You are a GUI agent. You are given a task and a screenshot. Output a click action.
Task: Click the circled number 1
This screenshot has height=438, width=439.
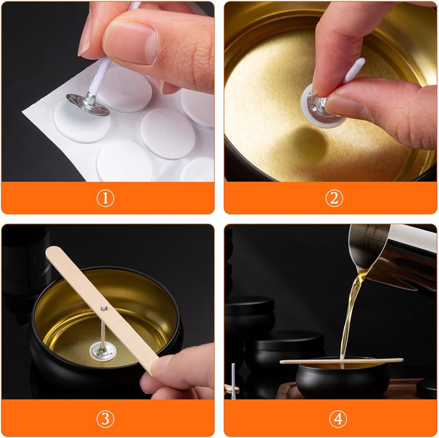pos(105,198)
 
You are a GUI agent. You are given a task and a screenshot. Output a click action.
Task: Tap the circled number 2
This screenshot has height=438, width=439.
pos(334,198)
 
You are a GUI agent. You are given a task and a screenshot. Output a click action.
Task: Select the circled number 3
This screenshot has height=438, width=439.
pos(105,419)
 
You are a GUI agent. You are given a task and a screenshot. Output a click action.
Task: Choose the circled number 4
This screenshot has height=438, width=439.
pos(338,419)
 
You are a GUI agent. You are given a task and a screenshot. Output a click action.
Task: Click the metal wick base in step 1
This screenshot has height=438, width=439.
pos(88,104)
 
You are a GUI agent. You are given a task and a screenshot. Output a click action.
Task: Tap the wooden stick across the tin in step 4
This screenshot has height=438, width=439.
pos(342,361)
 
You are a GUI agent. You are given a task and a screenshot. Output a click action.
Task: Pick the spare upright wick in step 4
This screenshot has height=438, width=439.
pos(233,381)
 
